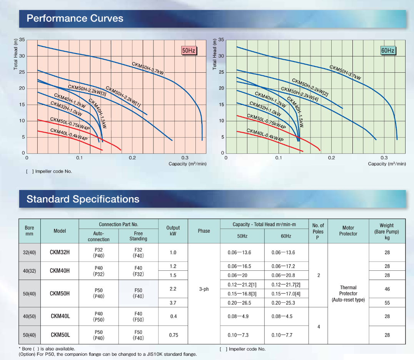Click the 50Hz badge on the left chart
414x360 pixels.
pyautogui.click(x=189, y=50)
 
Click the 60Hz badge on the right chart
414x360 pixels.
pyautogui.click(x=388, y=50)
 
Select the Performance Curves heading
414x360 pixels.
pyautogui.click(x=75, y=18)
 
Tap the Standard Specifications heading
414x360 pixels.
pyautogui.click(x=83, y=199)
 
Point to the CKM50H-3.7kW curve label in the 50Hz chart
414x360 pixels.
pyautogui.click(x=148, y=68)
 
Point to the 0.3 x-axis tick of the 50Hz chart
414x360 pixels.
pyautogui.click(x=185, y=158)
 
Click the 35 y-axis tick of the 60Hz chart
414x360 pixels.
pyautogui.click(x=221, y=40)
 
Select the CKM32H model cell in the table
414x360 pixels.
pyautogui.click(x=60, y=252)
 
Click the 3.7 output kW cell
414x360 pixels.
pyautogui.click(x=173, y=303)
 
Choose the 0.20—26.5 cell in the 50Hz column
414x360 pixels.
pyautogui.click(x=239, y=303)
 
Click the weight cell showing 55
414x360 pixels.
pyautogui.click(x=387, y=303)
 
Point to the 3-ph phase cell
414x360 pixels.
pyautogui.click(x=204, y=289)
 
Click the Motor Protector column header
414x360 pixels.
pyautogui.click(x=348, y=231)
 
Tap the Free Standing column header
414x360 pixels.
pyautogui.click(x=138, y=236)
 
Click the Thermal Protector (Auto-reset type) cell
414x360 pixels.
pyautogui.click(x=348, y=293)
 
